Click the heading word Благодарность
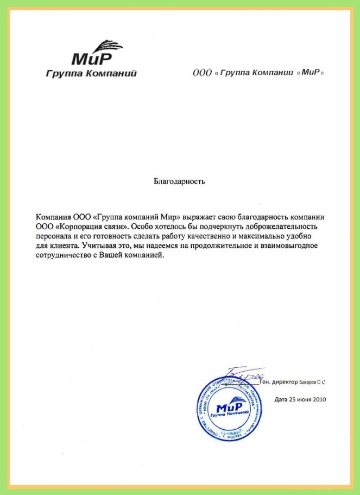(x=179, y=181)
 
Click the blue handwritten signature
(x=245, y=375)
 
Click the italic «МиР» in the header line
(x=312, y=72)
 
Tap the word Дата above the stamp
(x=280, y=399)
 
